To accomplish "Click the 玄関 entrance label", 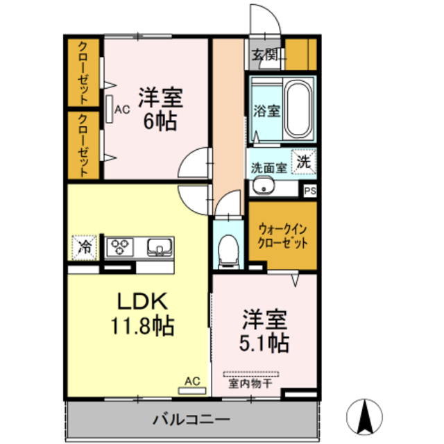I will tap(264, 55).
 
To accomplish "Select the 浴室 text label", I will tap(266, 110).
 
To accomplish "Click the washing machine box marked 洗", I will tap(304, 161).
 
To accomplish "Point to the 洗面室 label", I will tap(268, 167).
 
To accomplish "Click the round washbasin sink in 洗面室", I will tap(261, 187).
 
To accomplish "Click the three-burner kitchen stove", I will tap(121, 246).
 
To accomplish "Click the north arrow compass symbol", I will tap(367, 416).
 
